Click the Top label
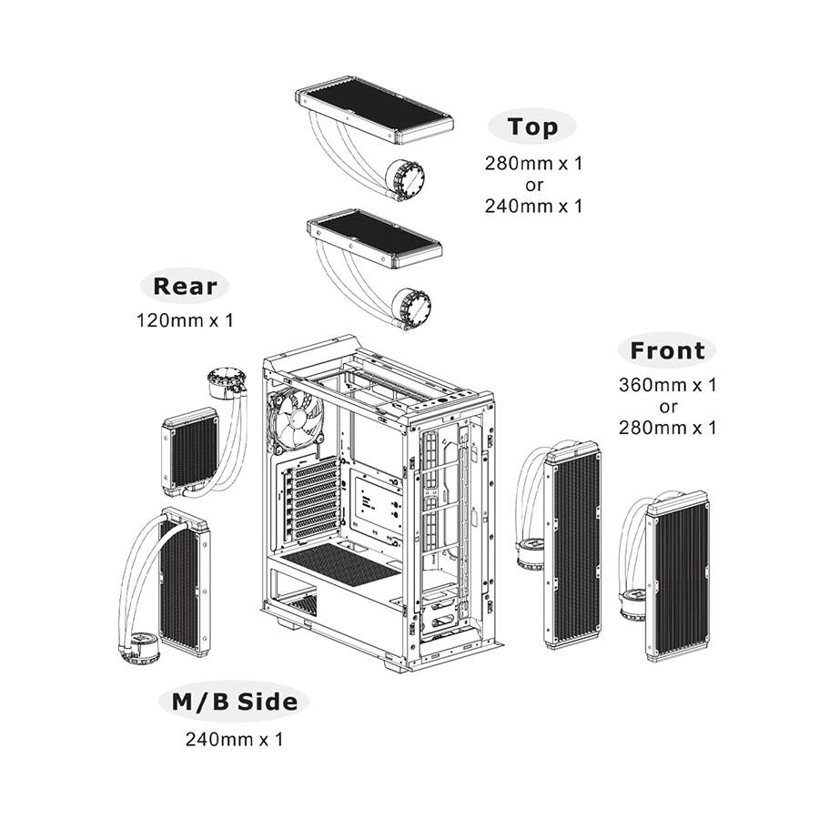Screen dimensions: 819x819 pyautogui.click(x=532, y=127)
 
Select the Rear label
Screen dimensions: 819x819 pyautogui.click(x=185, y=287)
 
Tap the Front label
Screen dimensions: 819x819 pyautogui.click(x=667, y=350)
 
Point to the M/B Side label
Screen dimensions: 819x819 pyautogui.click(x=234, y=702)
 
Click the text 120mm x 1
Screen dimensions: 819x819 pyautogui.click(x=185, y=320)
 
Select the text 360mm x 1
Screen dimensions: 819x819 pyautogui.click(x=668, y=385)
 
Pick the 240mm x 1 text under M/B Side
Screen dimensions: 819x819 pyautogui.click(x=234, y=739)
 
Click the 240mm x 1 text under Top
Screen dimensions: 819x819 pyautogui.click(x=532, y=206)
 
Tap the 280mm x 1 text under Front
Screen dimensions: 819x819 pyautogui.click(x=668, y=427)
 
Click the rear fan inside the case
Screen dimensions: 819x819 pyautogui.click(x=296, y=420)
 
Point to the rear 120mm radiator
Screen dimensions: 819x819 pyautogui.click(x=190, y=450)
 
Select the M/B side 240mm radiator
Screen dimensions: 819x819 pyautogui.click(x=185, y=582)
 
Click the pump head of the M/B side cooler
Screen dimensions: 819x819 pyautogui.click(x=139, y=648)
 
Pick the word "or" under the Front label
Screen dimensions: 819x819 pyautogui.click(x=668, y=406)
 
